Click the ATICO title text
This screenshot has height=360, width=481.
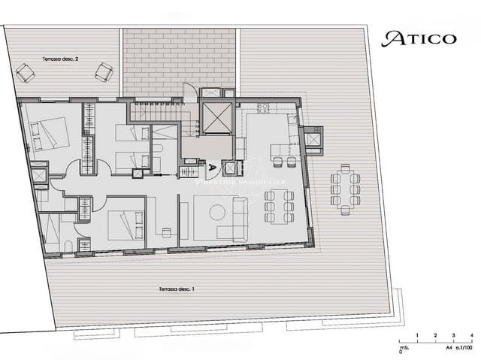coord(419,38)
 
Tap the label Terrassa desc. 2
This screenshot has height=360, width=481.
coord(59,58)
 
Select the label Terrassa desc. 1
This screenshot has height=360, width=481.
coord(177,289)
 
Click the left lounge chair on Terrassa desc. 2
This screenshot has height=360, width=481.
coord(26,72)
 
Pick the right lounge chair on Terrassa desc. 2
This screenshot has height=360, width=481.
coord(104,72)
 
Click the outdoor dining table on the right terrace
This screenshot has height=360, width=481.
coord(346,190)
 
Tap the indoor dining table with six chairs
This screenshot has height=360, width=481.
coord(279,206)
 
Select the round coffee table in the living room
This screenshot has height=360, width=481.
coord(218,213)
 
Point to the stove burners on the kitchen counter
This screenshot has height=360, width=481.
coord(264,107)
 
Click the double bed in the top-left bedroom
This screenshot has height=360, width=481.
coord(51,134)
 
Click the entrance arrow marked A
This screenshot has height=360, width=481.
coord(213,168)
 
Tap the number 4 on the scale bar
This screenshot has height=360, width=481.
coord(471,335)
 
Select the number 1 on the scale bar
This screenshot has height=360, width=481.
coord(418,335)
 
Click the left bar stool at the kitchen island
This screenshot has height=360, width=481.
coord(276,162)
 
